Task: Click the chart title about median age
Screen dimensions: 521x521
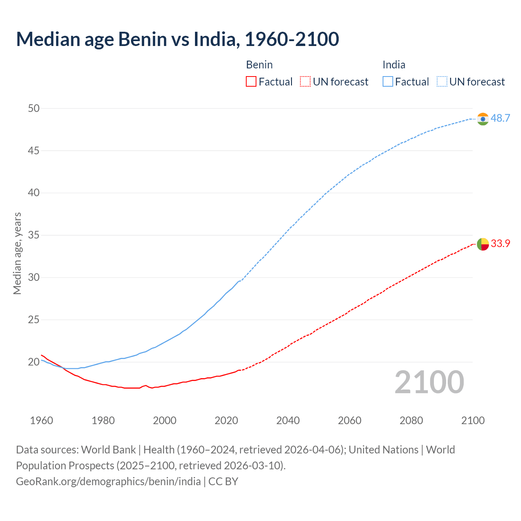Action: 177,39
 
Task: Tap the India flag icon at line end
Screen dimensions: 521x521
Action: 483,119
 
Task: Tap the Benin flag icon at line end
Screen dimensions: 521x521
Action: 483,244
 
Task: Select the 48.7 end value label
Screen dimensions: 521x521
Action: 500,118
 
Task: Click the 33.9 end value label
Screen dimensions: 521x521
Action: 500,244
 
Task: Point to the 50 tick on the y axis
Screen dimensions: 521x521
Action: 34,108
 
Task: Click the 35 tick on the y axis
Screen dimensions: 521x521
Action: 34,235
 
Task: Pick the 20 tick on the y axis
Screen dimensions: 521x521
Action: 34,362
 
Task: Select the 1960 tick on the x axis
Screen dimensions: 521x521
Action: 42,420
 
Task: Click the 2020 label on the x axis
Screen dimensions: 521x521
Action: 226,420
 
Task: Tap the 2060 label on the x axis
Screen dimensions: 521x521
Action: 350,420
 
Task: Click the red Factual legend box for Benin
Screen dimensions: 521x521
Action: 251,82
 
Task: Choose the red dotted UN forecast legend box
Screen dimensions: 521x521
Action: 305,82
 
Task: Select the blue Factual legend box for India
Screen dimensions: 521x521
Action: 388,82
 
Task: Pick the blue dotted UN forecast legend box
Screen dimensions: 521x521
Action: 442,82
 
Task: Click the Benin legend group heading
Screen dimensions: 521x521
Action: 259,65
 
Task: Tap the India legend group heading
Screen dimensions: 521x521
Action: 394,65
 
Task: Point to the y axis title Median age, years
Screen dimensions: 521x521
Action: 17,253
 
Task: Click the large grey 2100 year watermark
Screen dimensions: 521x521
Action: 429,382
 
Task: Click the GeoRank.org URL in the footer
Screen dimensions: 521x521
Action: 108,482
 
